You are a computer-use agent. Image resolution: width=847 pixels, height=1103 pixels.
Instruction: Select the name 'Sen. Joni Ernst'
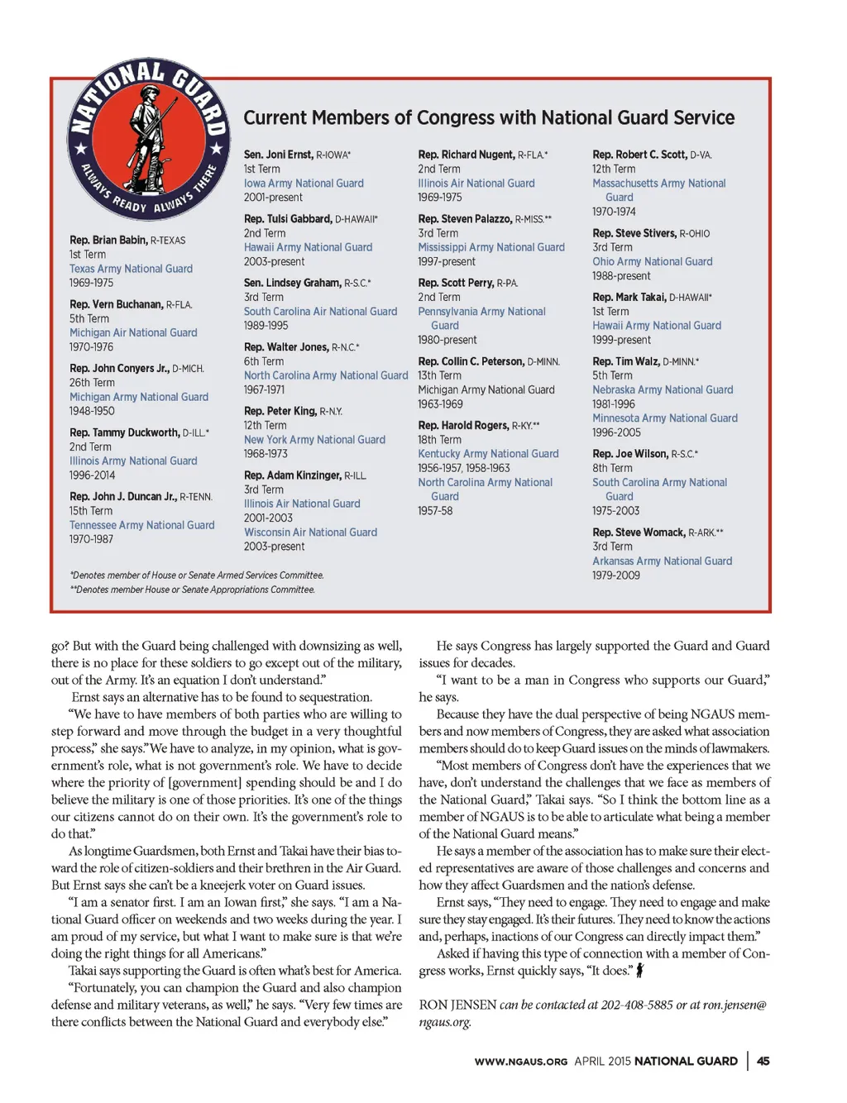point(278,155)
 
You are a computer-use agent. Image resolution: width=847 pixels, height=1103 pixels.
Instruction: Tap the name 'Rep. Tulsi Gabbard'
point(288,219)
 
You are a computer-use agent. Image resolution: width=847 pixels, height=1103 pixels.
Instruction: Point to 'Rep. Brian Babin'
point(108,240)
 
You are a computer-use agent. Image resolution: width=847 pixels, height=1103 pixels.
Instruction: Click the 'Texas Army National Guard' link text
point(131,269)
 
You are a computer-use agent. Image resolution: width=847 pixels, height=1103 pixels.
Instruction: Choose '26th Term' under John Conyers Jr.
point(92,383)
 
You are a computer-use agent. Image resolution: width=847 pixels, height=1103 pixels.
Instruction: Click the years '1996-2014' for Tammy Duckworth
point(92,475)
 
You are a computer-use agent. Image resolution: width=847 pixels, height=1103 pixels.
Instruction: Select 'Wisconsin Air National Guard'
point(310,532)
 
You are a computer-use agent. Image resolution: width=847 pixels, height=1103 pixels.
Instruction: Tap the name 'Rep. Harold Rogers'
point(463,426)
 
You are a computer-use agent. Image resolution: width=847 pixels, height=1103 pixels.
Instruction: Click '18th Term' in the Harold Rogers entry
point(439,440)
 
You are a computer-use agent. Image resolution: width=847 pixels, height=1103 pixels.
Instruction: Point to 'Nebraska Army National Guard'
point(663,389)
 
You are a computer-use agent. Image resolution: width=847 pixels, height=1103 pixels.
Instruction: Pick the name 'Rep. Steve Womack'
point(639,532)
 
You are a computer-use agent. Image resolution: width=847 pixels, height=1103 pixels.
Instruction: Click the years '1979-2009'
point(615,575)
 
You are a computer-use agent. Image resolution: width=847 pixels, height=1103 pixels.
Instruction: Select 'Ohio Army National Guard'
point(652,261)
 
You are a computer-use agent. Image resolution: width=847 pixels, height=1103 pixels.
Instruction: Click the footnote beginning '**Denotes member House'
point(192,590)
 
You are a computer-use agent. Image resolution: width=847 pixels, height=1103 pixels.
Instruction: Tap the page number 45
point(763,1061)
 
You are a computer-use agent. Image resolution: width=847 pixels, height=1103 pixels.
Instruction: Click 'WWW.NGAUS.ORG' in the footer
point(520,1062)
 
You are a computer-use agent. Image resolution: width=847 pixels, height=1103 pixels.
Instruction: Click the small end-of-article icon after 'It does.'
point(639,970)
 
